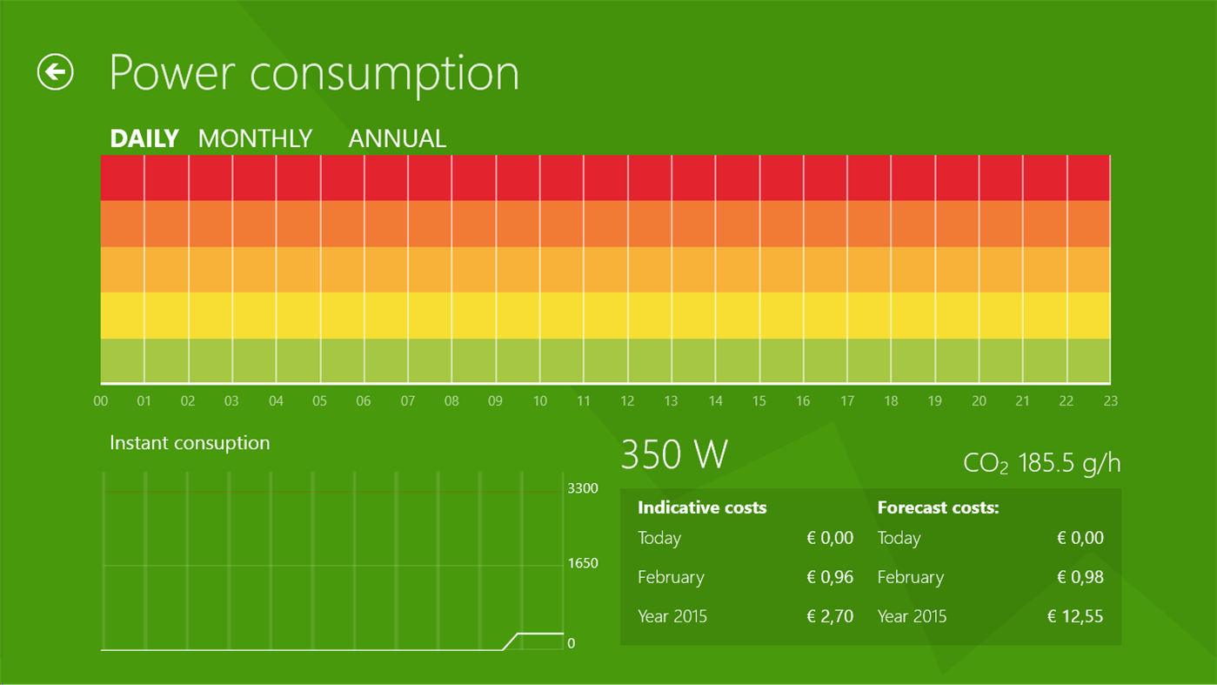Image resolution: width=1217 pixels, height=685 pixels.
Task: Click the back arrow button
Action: pos(56,72)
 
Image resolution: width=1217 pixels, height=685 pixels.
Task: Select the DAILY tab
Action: pos(144,138)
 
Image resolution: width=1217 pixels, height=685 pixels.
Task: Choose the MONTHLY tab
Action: pos(255,138)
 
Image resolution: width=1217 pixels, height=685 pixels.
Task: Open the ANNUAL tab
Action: pos(397,138)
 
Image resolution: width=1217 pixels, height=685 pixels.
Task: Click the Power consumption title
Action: pos(314,73)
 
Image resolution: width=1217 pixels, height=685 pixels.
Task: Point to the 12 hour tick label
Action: pos(627,401)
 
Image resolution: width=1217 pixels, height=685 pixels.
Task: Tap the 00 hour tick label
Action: pos(101,401)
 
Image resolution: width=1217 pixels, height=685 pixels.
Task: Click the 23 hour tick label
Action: pos(1110,401)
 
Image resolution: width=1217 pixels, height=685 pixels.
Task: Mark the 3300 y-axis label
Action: pos(583,488)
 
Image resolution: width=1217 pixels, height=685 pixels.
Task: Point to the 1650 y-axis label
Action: pos(583,563)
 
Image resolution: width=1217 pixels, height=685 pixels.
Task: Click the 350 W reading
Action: pos(674,455)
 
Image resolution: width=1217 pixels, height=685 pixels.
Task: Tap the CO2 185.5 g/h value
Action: pos(1042,463)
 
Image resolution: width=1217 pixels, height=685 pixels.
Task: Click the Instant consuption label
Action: pos(190,443)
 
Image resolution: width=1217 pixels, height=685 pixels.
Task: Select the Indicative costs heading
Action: pos(702,507)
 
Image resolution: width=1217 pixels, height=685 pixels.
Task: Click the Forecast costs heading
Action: pos(938,507)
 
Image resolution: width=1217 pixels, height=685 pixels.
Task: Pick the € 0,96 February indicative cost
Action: pos(830,577)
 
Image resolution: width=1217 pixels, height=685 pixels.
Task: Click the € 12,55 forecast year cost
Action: pos(1074,616)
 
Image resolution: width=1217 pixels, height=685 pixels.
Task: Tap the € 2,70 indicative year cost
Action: pos(830,616)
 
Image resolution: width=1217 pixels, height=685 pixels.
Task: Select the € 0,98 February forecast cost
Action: pos(1080,577)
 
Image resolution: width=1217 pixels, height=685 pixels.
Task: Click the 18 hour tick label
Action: pos(891,401)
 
